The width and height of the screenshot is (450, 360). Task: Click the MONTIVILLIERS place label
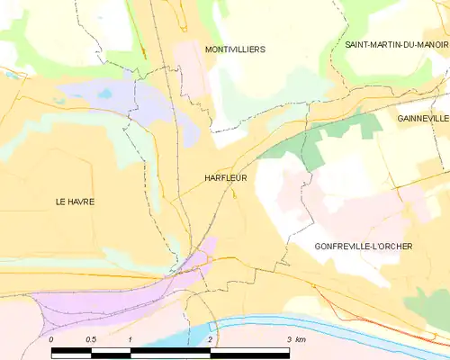(235, 49)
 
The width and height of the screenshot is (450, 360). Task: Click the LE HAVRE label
(75, 202)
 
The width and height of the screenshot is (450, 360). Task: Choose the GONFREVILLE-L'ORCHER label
(364, 246)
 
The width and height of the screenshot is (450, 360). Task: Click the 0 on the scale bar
(51, 338)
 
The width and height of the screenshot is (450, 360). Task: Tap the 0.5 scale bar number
(90, 338)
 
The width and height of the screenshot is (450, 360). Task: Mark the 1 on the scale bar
(130, 338)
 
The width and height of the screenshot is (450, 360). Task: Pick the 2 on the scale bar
(210, 338)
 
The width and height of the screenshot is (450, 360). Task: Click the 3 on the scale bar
(289, 338)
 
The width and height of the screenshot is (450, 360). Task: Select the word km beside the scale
(301, 338)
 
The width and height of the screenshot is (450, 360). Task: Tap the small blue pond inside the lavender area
(106, 94)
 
